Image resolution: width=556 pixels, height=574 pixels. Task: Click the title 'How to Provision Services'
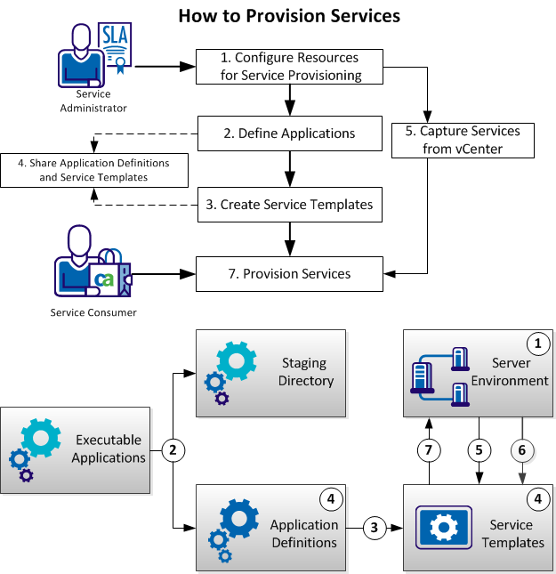tap(289, 16)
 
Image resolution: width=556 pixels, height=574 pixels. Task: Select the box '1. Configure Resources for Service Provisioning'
tap(291, 67)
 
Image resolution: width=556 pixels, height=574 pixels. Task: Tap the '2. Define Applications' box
tap(289, 133)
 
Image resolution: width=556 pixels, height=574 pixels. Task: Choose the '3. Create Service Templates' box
tap(289, 204)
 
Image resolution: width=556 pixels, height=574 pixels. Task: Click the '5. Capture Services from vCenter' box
tap(462, 140)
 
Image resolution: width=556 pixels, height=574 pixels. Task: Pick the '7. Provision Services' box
tap(289, 273)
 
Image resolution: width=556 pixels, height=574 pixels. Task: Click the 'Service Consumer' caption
tap(93, 312)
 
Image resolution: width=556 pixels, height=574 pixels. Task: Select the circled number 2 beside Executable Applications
tap(175, 450)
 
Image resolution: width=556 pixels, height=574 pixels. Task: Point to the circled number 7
tap(430, 450)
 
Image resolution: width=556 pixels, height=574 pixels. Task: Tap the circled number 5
tap(480, 450)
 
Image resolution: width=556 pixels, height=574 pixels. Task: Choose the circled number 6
tap(522, 450)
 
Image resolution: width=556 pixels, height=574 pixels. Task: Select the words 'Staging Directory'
tap(304, 372)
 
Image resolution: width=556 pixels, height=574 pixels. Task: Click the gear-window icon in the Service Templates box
tap(442, 527)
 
